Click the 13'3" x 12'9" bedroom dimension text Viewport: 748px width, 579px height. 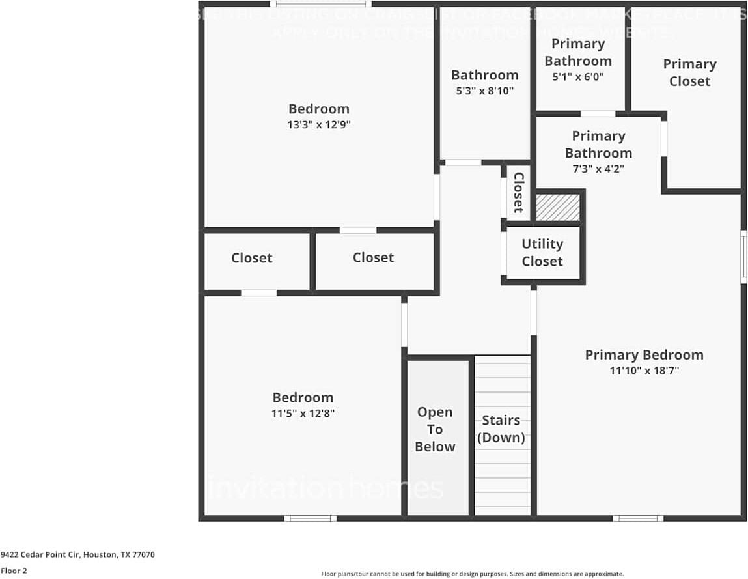[319, 125]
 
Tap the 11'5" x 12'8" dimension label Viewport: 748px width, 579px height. [303, 414]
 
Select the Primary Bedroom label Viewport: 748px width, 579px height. [644, 355]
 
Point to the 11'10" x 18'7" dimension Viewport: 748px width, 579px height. [644, 371]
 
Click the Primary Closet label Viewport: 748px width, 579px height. [689, 72]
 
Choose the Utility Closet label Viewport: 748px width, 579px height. [542, 253]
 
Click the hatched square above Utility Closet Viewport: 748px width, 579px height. [557, 207]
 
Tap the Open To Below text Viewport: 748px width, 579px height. [435, 429]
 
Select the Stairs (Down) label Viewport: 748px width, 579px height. [501, 429]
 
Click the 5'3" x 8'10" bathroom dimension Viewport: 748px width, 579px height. [485, 91]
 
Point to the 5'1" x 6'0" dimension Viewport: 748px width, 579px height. [578, 77]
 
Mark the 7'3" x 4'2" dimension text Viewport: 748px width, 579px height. [598, 169]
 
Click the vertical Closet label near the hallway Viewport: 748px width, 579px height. [518, 192]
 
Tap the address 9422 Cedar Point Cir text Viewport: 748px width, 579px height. [77, 555]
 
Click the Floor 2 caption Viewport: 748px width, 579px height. [13, 571]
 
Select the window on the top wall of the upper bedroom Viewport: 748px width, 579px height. [320, 4]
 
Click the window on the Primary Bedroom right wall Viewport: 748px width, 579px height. [743, 256]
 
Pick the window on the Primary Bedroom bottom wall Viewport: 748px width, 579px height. [638, 518]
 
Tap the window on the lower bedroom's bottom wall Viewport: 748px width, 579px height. [310, 518]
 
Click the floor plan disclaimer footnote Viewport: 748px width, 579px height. [472, 574]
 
